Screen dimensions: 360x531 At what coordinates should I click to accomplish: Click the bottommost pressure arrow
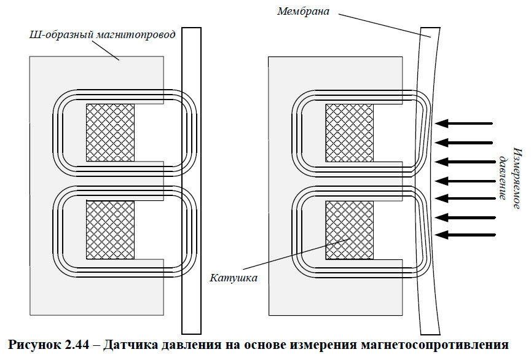(x=468, y=235)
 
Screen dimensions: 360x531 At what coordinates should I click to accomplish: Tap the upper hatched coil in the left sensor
(x=110, y=133)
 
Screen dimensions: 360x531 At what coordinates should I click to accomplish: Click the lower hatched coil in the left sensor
(x=110, y=230)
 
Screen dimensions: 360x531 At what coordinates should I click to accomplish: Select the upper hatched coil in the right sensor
(x=349, y=133)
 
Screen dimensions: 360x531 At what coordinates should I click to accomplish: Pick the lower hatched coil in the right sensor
(x=349, y=230)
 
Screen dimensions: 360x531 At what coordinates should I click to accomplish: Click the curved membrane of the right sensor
(x=428, y=178)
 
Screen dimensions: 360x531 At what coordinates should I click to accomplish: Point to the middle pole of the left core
(x=147, y=181)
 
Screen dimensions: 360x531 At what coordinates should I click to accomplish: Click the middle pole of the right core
(x=387, y=181)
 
